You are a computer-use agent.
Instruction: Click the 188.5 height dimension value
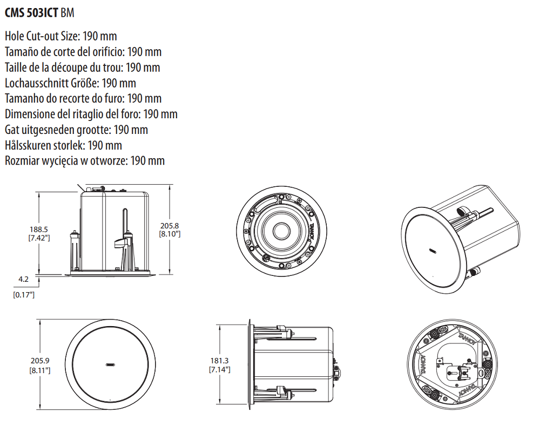click(x=38, y=229)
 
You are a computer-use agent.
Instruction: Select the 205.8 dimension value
click(x=169, y=225)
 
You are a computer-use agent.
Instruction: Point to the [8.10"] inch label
click(x=169, y=234)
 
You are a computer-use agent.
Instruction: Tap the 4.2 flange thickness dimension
click(x=23, y=279)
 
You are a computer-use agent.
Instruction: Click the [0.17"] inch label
click(x=24, y=295)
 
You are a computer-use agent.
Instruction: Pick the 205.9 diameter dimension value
click(x=40, y=361)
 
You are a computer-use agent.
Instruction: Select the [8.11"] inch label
click(x=40, y=370)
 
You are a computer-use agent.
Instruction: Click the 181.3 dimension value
click(x=219, y=361)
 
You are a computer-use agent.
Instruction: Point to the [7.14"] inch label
click(x=219, y=369)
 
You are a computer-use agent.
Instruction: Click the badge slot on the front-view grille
click(x=111, y=364)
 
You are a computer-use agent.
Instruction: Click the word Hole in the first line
click(x=15, y=37)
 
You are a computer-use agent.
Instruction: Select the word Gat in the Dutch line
click(x=12, y=130)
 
